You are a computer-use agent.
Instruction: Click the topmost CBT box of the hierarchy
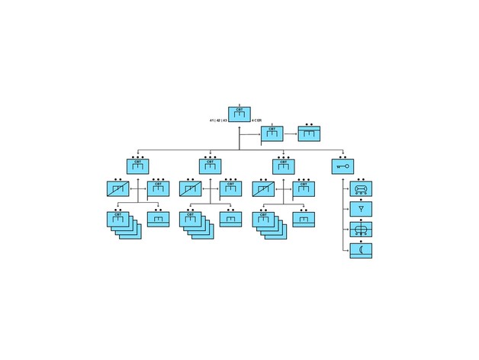click(239, 114)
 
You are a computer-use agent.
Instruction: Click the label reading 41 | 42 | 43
click(218, 121)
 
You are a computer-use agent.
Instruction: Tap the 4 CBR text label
click(256, 121)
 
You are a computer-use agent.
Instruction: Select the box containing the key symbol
click(342, 166)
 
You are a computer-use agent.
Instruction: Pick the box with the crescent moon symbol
click(361, 250)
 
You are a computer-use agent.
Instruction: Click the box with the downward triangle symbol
click(361, 208)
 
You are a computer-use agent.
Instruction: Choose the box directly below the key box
click(361, 188)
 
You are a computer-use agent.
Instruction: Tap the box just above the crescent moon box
click(361, 230)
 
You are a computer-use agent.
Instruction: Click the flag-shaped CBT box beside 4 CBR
click(272, 133)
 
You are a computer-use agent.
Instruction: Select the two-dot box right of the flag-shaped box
click(309, 133)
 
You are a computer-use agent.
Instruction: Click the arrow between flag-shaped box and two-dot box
click(291, 133)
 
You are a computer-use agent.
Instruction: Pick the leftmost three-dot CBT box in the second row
click(138, 166)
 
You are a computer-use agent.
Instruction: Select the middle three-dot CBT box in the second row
click(211, 166)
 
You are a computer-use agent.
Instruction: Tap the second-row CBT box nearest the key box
click(284, 166)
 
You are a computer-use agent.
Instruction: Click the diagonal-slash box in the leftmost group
click(117, 188)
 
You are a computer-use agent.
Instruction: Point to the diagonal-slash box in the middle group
click(190, 188)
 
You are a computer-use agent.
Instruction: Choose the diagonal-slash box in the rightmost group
click(263, 188)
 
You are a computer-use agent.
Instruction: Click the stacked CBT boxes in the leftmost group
click(121, 223)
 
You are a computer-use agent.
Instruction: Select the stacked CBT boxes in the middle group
click(194, 223)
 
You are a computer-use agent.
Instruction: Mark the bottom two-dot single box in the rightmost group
click(304, 219)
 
